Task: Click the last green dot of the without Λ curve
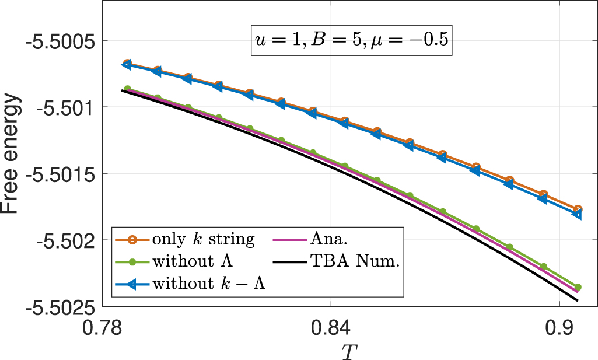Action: (x=578, y=287)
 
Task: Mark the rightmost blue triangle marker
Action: (x=577, y=214)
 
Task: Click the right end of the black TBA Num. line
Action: (x=578, y=300)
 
